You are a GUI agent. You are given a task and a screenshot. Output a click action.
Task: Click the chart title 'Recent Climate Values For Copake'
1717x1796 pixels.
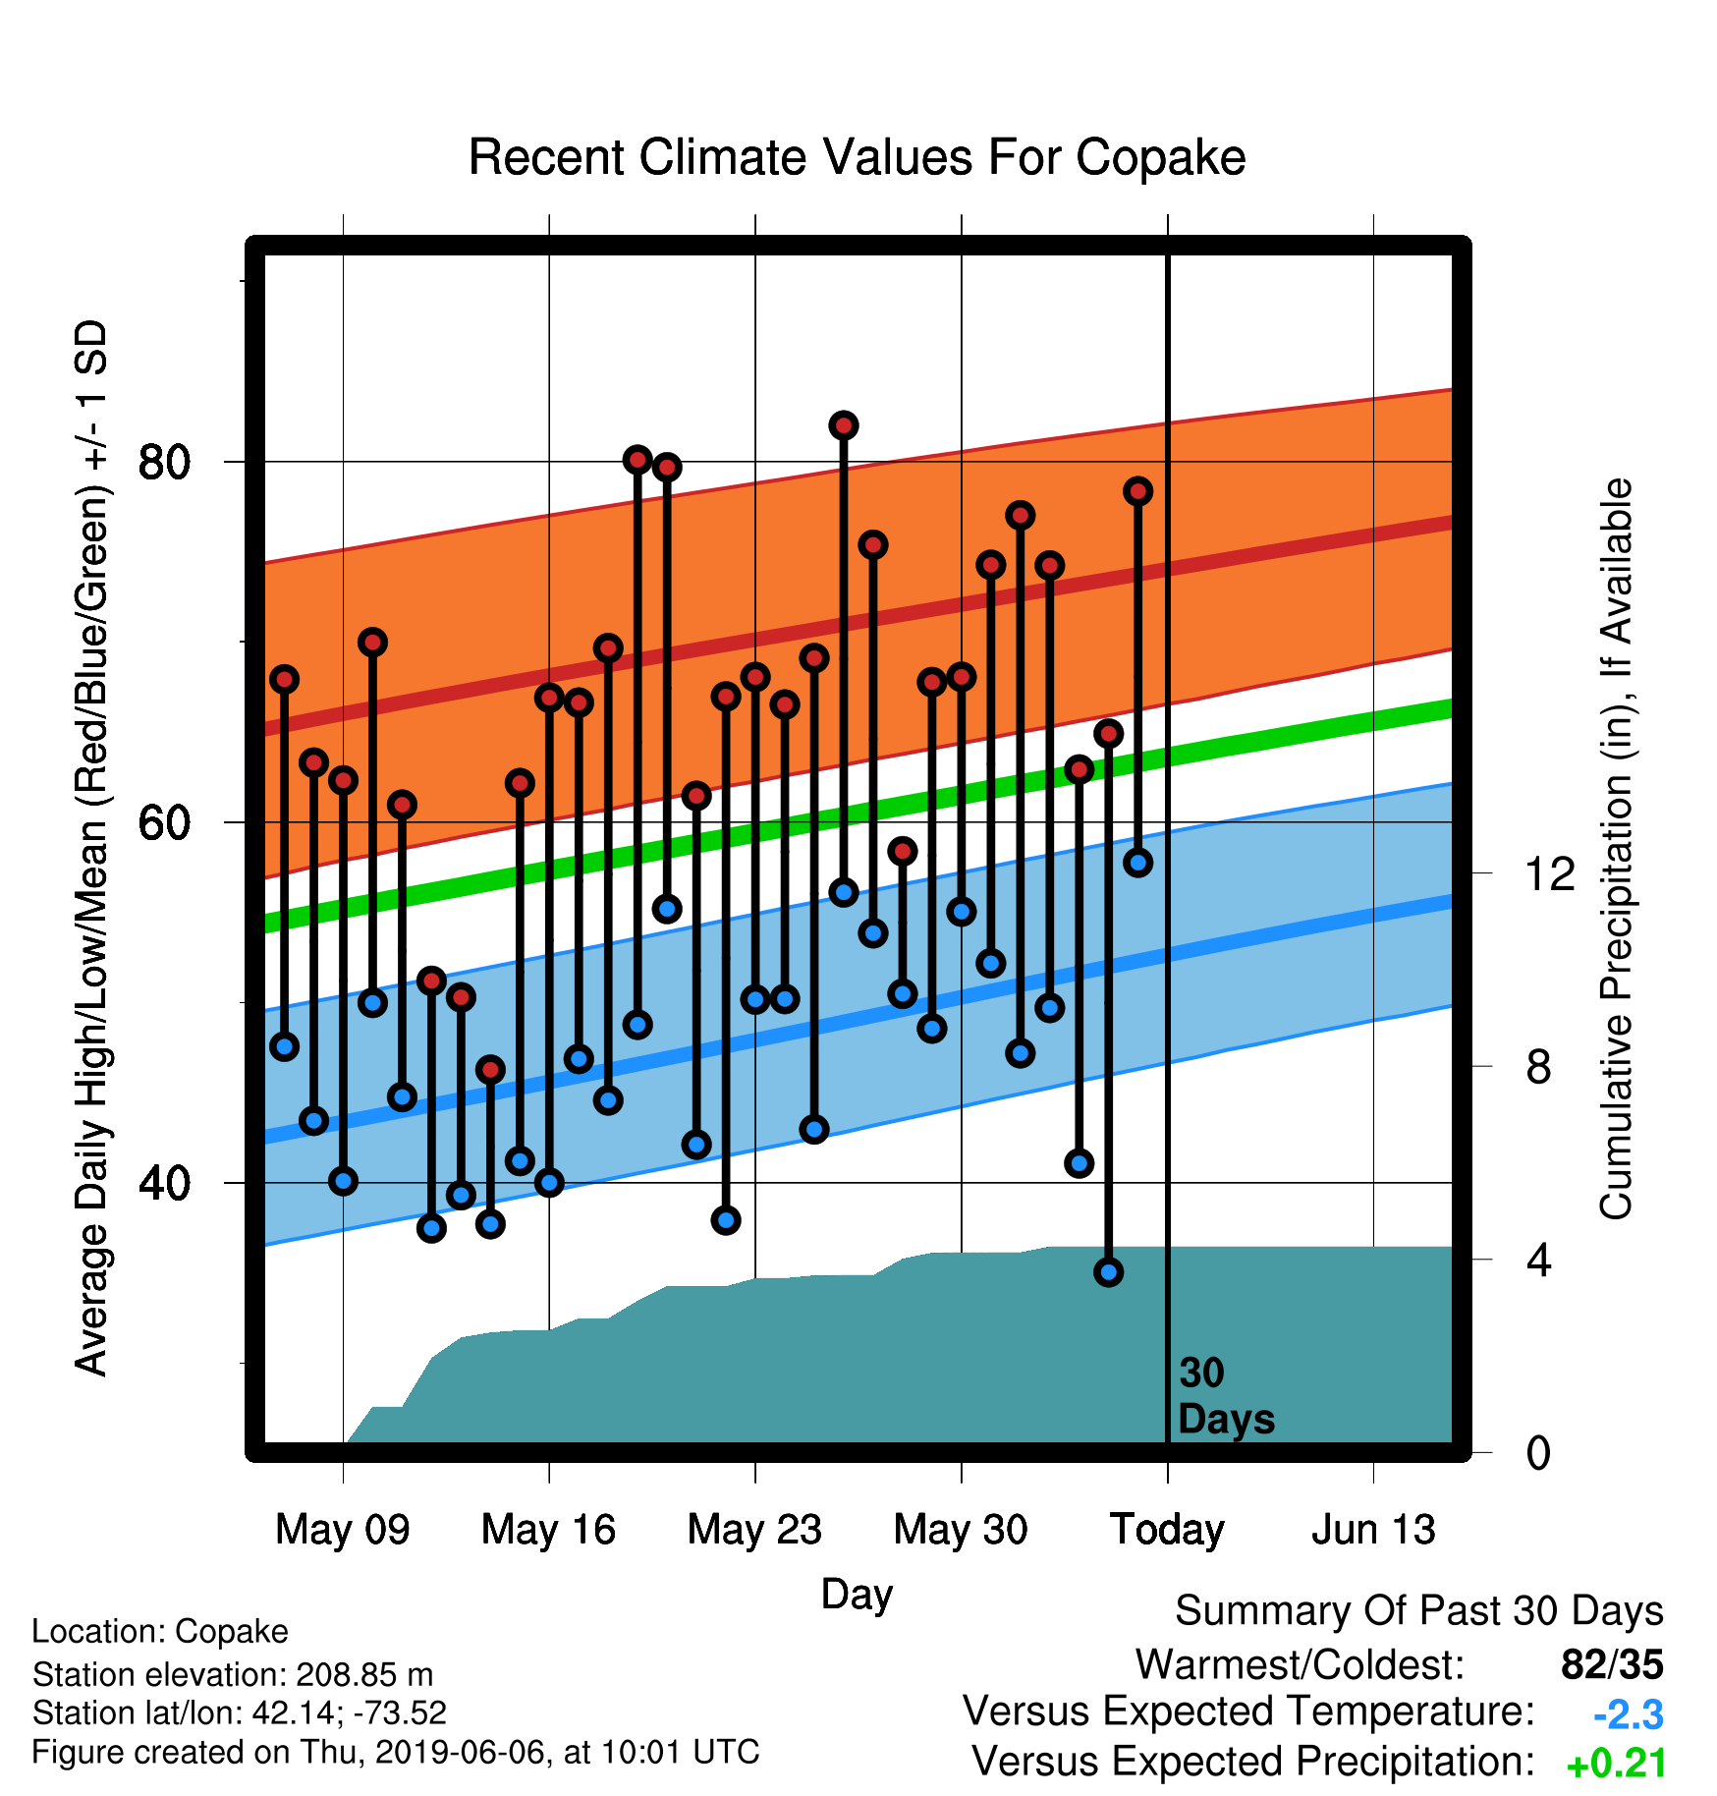pos(857,157)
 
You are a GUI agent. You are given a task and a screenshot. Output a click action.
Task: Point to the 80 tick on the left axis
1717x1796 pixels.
pos(164,462)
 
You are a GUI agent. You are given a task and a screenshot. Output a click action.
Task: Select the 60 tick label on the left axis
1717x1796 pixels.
pos(164,822)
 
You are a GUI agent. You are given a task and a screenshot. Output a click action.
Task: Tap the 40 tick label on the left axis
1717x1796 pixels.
pos(164,1183)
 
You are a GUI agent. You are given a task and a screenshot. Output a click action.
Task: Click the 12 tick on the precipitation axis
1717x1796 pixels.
pos(1550,873)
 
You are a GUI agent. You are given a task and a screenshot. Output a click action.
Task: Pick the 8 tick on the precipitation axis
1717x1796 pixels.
pos(1538,1066)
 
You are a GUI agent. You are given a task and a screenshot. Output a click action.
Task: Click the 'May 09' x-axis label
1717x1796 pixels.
pos(343,1530)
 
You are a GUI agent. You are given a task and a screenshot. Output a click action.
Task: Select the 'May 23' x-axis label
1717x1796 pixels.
pos(754,1530)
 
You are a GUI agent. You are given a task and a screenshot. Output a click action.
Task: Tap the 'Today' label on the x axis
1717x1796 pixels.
pos(1167,1530)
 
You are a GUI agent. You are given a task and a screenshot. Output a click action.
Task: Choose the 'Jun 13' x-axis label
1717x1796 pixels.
pos(1373,1530)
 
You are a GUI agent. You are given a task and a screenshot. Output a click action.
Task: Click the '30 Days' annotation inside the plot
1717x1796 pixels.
pos(1226,1396)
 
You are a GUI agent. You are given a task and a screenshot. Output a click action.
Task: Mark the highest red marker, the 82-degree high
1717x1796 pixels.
pos(844,425)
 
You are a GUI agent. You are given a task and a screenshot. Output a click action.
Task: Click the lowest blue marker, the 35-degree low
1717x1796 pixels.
pos(1109,1272)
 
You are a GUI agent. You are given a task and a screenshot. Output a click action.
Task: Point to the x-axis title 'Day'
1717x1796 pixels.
pos(857,1595)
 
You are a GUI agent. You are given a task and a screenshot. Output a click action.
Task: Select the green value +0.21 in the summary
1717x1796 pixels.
pos(1617,1764)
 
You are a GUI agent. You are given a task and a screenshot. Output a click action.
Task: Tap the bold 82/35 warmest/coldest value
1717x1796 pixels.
pos(1613,1665)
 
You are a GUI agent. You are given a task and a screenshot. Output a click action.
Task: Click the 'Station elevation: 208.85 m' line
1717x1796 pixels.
pos(233,1674)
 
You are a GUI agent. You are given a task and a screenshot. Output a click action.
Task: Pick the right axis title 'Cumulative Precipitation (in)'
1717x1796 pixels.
pos(1616,850)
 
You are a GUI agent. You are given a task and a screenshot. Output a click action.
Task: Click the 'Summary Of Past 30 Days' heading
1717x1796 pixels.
pos(1419,1611)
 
